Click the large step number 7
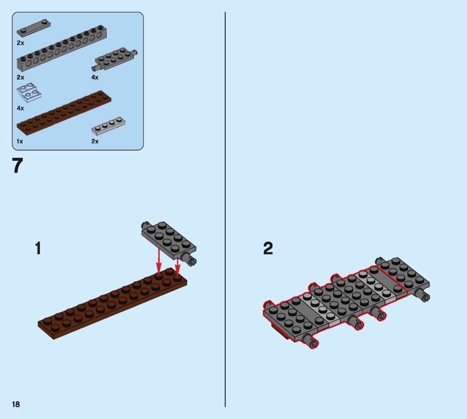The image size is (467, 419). [x=18, y=165]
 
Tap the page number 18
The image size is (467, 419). [x=16, y=404]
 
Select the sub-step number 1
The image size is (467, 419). [x=38, y=248]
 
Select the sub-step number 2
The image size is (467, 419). [x=268, y=248]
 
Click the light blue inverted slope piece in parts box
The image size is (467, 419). [x=28, y=93]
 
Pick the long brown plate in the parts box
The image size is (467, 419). [x=64, y=113]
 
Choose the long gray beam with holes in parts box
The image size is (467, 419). [x=62, y=48]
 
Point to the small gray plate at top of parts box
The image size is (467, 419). [x=33, y=28]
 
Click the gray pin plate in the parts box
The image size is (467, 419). [x=116, y=59]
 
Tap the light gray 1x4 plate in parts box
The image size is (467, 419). [x=108, y=126]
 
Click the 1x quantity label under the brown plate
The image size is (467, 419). [x=20, y=141]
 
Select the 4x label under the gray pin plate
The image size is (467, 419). [x=95, y=77]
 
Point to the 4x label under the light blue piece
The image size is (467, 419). [x=20, y=109]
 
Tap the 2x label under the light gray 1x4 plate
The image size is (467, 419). [x=95, y=141]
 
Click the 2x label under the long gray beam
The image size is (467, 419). [x=20, y=77]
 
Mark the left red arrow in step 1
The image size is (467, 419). [x=159, y=261]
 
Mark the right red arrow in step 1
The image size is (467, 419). [x=177, y=267]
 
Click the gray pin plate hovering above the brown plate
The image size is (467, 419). [x=169, y=243]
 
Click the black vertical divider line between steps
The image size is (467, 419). [x=225, y=209]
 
